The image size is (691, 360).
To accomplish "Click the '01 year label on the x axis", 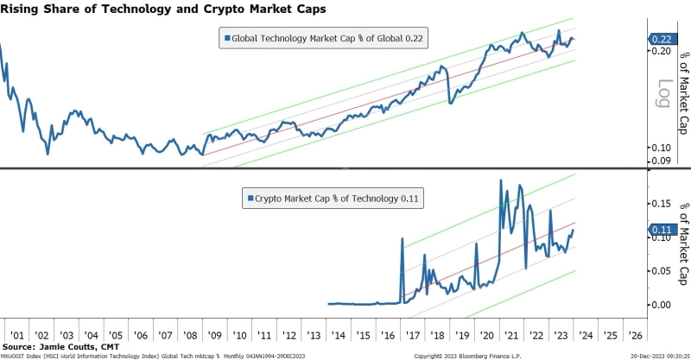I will (x=15, y=334).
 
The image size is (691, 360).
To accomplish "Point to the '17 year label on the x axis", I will (x=413, y=334).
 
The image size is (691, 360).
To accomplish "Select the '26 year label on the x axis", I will (x=634, y=334).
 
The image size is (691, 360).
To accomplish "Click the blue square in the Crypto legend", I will (x=250, y=198).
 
